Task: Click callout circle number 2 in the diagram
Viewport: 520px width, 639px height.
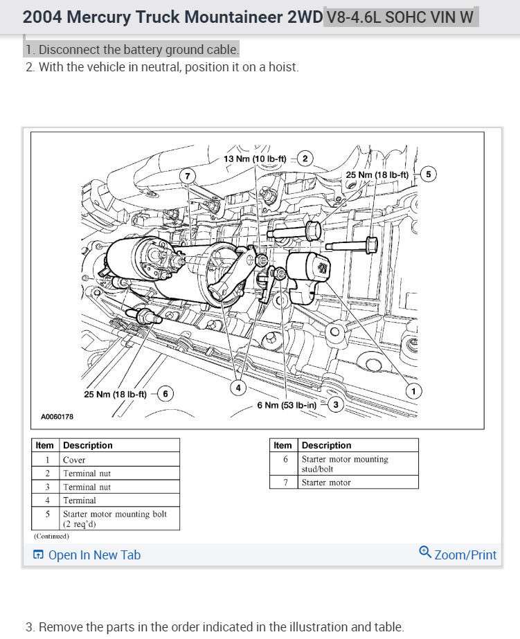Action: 305,159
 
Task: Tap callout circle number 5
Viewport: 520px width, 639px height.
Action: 428,174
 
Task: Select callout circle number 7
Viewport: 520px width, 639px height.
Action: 187,175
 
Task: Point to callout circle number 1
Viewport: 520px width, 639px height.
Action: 413,392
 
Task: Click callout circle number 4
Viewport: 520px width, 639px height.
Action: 238,388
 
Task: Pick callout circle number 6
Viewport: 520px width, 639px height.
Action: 165,394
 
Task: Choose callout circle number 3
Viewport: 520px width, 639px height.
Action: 336,404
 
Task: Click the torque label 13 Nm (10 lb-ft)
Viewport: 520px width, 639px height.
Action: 255,159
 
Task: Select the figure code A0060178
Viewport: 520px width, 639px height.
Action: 57,417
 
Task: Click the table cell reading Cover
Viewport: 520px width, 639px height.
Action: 74,460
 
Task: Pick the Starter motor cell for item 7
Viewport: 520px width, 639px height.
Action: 326,483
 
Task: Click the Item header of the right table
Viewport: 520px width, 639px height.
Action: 283,445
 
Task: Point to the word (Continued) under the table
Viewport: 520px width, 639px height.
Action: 51,536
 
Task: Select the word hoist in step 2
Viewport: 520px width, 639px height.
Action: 283,67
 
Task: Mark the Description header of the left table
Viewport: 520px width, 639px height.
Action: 87,445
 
